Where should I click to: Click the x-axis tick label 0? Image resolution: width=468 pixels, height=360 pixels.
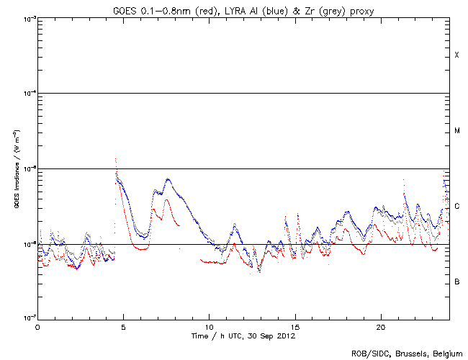coord(37,326)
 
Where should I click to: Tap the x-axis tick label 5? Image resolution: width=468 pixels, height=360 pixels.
coord(123,326)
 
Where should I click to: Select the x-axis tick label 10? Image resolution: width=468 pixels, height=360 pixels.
coord(209,326)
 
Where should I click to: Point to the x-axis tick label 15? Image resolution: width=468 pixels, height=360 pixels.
coord(294,326)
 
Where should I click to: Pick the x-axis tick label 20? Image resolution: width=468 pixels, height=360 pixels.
coord(380,326)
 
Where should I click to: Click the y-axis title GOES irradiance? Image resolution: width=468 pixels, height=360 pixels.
coord(16,169)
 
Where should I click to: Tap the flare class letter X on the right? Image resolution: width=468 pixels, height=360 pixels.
coord(456,55)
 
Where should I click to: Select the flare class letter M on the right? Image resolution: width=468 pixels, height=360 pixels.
coord(456,131)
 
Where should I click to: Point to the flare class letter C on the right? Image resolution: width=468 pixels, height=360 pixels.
coord(456,207)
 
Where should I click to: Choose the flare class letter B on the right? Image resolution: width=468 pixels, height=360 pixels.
coord(456,282)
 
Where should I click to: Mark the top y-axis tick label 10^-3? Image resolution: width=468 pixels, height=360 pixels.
coord(27,18)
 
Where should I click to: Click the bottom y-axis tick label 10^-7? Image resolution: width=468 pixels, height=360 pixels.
coord(27,318)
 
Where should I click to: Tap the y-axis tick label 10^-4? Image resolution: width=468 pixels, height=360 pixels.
coord(27,94)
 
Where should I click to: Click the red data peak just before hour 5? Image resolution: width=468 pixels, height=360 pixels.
coord(115,159)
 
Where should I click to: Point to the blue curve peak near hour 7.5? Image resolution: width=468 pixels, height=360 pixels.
coord(168,179)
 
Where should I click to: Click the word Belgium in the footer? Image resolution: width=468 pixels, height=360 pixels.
coord(447,354)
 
